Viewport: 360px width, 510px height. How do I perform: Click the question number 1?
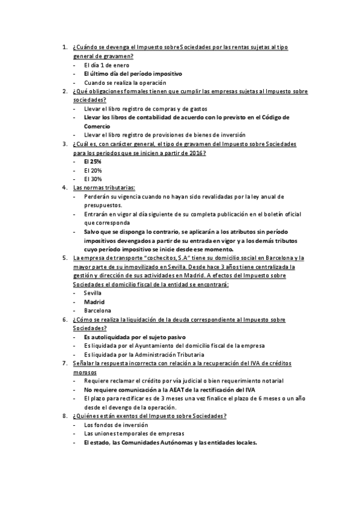(x=64, y=47)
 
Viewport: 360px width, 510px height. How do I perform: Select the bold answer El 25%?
(x=93, y=162)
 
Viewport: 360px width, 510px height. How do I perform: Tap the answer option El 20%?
(x=93, y=170)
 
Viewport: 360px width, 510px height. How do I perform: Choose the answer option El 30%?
(x=93, y=179)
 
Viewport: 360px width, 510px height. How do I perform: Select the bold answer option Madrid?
(x=94, y=301)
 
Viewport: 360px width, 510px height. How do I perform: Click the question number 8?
(x=64, y=416)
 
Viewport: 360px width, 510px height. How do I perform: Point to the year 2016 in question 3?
(x=195, y=153)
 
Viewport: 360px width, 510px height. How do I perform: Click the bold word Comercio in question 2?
(x=97, y=126)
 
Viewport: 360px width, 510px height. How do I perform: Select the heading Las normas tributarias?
(x=104, y=188)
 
